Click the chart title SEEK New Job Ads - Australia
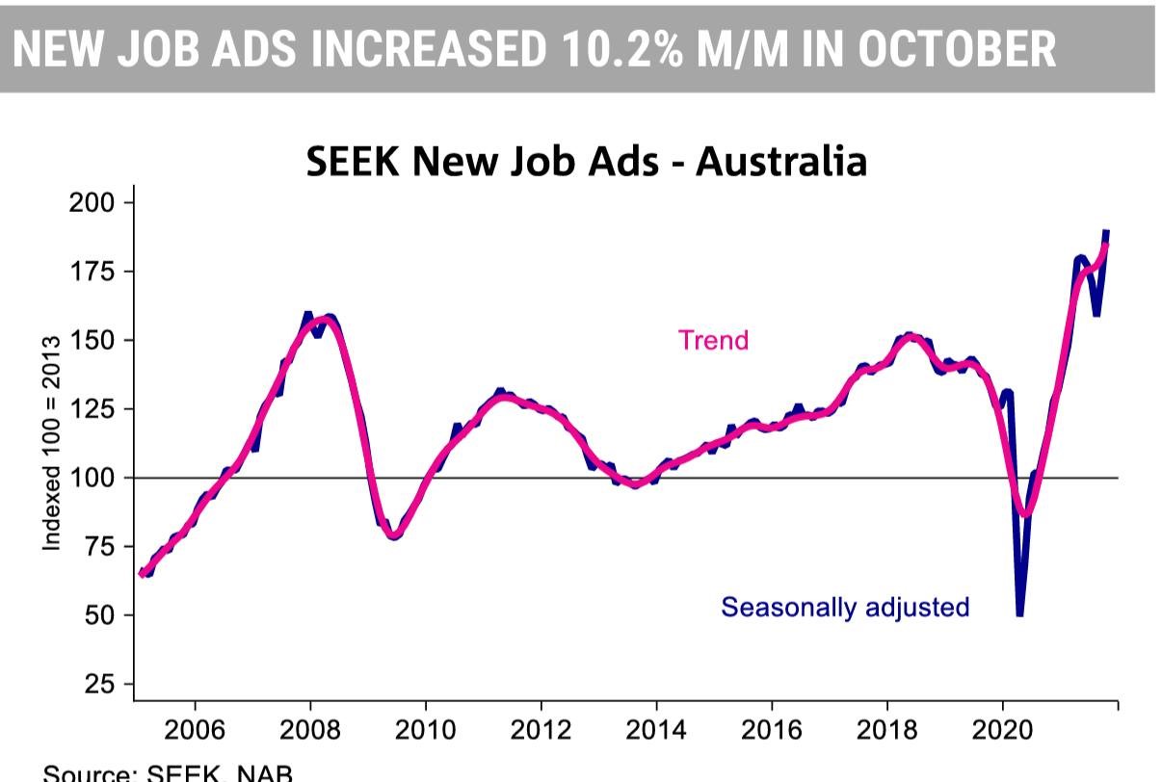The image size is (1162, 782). click(x=586, y=161)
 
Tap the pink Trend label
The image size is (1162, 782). click(x=713, y=340)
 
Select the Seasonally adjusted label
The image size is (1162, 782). click(x=845, y=607)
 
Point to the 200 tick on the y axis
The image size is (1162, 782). click(x=92, y=202)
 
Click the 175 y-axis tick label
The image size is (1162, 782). click(x=92, y=272)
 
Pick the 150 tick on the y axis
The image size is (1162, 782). click(x=92, y=340)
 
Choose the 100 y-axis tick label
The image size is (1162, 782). click(x=92, y=478)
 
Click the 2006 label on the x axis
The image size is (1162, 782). click(x=195, y=729)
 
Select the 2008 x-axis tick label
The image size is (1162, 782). click(x=310, y=729)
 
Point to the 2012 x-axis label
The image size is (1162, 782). click(x=541, y=729)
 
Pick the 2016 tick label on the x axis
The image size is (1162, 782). click(x=772, y=729)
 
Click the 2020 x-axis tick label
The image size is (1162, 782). click(x=1002, y=729)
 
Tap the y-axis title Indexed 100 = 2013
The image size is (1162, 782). click(x=52, y=443)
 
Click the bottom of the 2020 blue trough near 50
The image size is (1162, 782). click(x=1019, y=613)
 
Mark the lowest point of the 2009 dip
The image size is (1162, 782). click(x=394, y=535)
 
